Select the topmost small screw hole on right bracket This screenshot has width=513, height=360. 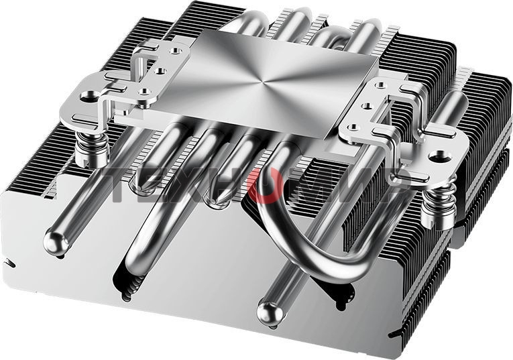380,86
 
